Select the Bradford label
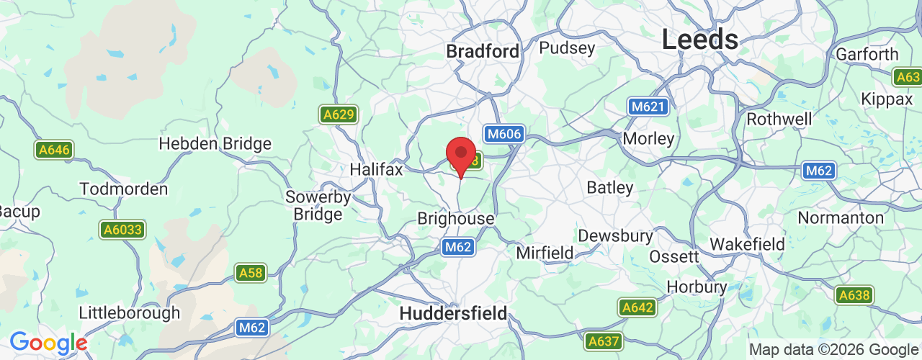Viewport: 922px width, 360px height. (483, 51)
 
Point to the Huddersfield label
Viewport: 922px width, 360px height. (453, 313)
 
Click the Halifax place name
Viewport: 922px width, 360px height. (375, 169)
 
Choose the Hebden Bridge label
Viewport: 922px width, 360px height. (215, 143)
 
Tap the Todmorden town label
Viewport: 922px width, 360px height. (123, 189)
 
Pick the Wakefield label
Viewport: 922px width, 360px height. (747, 244)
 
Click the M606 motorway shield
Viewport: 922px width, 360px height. (503, 134)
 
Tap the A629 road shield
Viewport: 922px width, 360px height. (338, 114)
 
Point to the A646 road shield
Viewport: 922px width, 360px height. (53, 150)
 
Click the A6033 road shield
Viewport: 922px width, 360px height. (122, 230)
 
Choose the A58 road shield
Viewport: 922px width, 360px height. (250, 273)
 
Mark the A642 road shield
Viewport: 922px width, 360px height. (637, 307)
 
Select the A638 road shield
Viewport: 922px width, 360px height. (854, 294)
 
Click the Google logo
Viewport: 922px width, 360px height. (48, 343)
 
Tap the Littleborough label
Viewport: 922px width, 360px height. (129, 313)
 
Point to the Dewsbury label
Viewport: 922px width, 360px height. (615, 235)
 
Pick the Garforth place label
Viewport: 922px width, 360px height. (867, 54)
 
